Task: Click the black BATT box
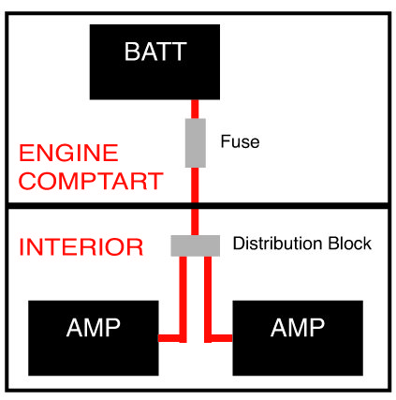pyautogui.click(x=154, y=62)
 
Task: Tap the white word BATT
pyautogui.click(x=155, y=52)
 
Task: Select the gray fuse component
pyautogui.click(x=196, y=143)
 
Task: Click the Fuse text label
pyautogui.click(x=240, y=141)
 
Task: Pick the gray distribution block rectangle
pyautogui.click(x=196, y=245)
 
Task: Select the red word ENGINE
pyautogui.click(x=68, y=153)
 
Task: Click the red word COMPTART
pyautogui.click(x=91, y=181)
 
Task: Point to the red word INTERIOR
pyautogui.click(x=81, y=247)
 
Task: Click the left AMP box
pyautogui.click(x=94, y=338)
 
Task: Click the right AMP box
pyautogui.click(x=298, y=338)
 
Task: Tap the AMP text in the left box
pyautogui.click(x=94, y=328)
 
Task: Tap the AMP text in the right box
pyautogui.click(x=298, y=328)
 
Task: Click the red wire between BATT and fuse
pyautogui.click(x=195, y=110)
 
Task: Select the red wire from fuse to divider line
pyautogui.click(x=195, y=185)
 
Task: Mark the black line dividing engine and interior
pyautogui.click(x=198, y=206)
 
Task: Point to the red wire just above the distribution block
pyautogui.click(x=195, y=222)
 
